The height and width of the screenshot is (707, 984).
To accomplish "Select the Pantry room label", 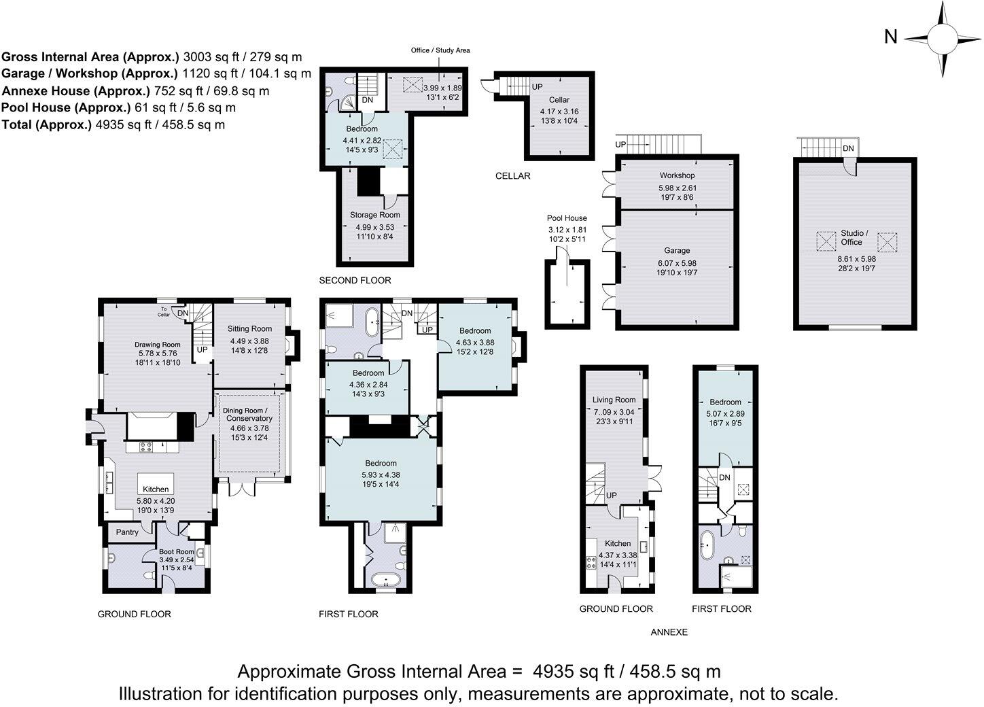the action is click(127, 532).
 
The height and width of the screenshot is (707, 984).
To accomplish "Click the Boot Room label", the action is click(176, 551).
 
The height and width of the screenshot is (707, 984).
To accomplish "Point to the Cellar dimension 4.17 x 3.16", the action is click(559, 111).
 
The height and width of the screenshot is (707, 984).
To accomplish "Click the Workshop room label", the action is click(677, 175).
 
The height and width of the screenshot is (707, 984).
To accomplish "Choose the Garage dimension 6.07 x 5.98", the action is click(677, 263).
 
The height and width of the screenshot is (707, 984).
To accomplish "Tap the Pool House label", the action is click(567, 218).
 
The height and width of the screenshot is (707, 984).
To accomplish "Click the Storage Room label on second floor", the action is click(374, 215).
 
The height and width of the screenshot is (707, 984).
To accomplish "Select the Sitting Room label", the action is click(249, 328).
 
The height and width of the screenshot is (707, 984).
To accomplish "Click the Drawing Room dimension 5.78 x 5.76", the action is click(158, 353).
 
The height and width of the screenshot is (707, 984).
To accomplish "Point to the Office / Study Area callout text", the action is click(440, 50).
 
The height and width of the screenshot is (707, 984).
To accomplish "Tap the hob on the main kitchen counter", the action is click(146, 447).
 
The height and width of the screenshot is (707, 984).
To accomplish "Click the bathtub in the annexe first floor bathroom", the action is click(707, 545).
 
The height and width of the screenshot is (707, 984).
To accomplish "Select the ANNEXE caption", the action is click(669, 632).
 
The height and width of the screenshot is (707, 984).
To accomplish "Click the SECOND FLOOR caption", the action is click(355, 280).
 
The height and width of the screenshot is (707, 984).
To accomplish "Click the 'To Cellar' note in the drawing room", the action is click(164, 311).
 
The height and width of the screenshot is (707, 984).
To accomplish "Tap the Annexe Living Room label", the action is click(614, 400).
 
